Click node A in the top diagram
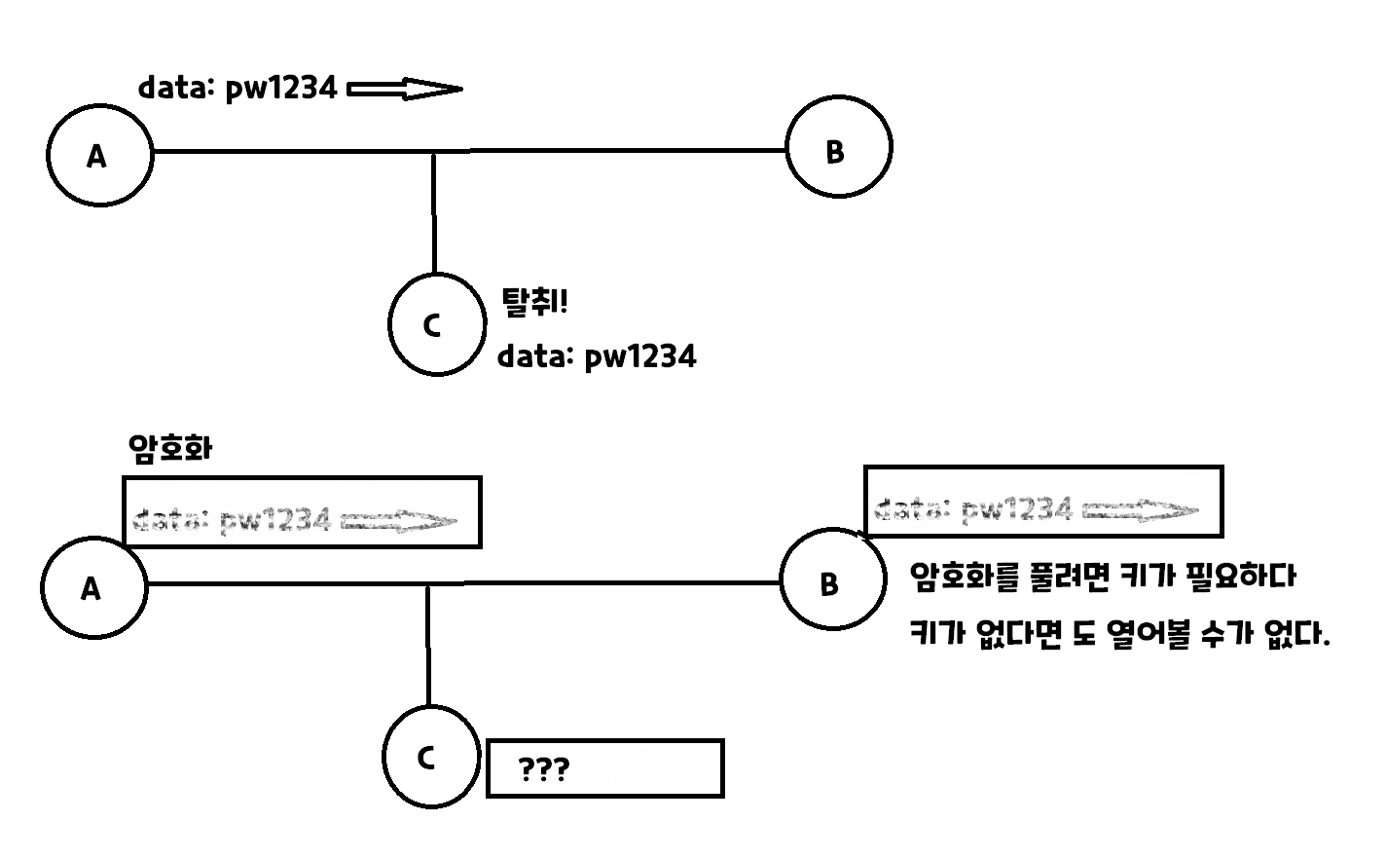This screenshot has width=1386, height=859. pyautogui.click(x=99, y=155)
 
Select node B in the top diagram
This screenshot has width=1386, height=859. pyautogui.click(x=838, y=149)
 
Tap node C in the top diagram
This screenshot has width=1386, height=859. pyautogui.click(x=436, y=325)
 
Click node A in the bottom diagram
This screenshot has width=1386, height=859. pyautogui.click(x=93, y=587)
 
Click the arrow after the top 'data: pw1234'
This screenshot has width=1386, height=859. pyautogui.click(x=404, y=90)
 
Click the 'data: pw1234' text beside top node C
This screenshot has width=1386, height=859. pyautogui.click(x=597, y=356)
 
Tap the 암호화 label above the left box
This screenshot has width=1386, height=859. pyautogui.click(x=170, y=449)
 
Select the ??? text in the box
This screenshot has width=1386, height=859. pyautogui.click(x=544, y=770)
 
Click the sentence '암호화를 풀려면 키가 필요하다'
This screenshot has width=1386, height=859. pyautogui.click(x=1103, y=577)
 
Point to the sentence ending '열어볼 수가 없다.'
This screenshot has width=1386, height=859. pyautogui.click(x=1119, y=636)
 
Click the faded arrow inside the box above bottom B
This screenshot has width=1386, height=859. pyautogui.click(x=1140, y=510)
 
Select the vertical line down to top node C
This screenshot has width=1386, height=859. pyautogui.click(x=434, y=212)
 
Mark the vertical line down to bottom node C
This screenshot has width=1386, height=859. pyautogui.click(x=428, y=645)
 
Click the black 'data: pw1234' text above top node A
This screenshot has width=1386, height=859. pyautogui.click(x=237, y=89)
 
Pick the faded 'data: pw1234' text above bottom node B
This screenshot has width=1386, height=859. pyautogui.click(x=973, y=508)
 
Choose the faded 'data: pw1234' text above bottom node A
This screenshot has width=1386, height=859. pyautogui.click(x=232, y=520)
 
